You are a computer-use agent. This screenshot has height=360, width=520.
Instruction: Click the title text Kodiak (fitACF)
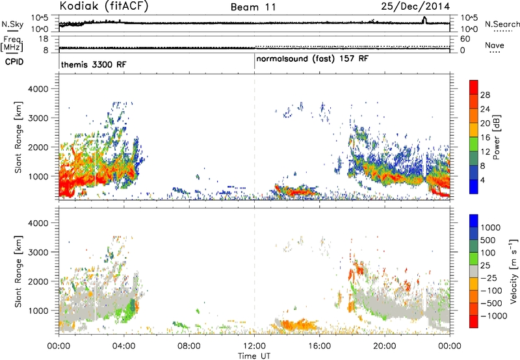104,6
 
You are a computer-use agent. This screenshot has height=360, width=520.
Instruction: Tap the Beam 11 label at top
253,7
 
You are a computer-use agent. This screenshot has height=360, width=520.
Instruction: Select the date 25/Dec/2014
415,6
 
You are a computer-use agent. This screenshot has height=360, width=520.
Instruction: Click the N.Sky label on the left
12,24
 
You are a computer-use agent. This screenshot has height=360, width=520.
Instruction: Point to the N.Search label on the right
502,24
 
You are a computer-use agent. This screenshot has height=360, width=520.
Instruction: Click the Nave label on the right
495,45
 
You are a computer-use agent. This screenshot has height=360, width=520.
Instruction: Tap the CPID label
14,62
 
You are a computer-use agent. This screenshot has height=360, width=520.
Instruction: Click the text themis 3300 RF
94,64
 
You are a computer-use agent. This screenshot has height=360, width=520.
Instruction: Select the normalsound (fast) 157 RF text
313,59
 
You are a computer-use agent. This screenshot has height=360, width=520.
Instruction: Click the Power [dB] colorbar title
496,137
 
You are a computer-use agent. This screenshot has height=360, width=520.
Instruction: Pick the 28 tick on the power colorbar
485,95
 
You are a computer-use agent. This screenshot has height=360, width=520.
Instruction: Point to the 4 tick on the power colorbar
482,181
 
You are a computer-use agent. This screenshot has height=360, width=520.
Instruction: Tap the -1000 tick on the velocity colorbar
494,316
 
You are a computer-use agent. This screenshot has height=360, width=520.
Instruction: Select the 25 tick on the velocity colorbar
485,266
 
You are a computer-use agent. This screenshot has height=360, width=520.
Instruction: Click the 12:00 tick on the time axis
254,346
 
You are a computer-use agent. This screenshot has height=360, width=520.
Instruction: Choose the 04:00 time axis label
124,346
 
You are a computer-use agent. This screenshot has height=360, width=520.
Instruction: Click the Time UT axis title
254,356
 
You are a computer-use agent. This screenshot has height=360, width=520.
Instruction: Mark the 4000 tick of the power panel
38,89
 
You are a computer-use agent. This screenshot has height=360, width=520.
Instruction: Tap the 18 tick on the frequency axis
44,39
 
